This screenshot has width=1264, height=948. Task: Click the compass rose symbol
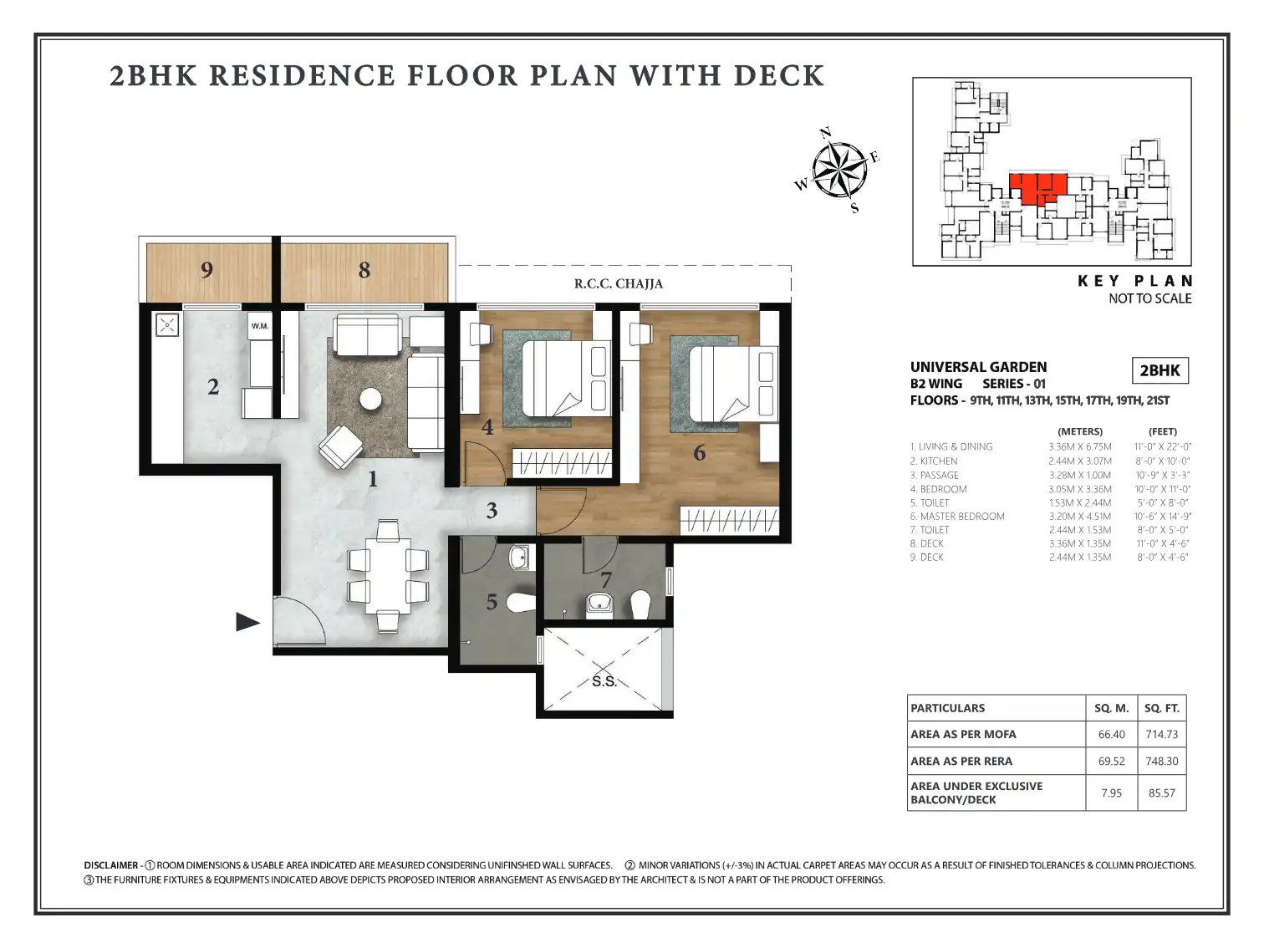coord(838,170)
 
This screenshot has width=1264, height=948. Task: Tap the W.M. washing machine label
coord(260,326)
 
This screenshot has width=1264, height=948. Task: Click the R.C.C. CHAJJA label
coord(618,283)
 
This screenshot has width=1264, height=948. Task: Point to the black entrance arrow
coord(247,622)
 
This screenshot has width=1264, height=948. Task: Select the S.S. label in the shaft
coord(604,681)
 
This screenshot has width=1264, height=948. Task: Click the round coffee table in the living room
coord(370,400)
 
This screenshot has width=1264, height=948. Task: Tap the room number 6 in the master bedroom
coord(699,453)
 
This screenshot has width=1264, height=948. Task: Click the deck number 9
coord(206,269)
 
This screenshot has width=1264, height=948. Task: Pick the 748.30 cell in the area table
coord(1161,761)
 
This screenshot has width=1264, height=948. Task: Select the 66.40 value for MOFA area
coord(1111,735)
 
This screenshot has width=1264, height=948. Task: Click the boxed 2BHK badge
coord(1160,370)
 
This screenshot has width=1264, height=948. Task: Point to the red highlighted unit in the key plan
coord(1037,187)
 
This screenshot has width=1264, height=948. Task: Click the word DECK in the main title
coord(778,76)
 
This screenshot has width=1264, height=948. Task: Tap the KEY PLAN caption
coord(1134,281)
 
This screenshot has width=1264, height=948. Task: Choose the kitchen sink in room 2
coord(167,325)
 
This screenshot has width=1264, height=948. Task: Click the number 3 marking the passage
coord(492,511)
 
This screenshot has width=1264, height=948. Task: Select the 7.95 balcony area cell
coord(1111,793)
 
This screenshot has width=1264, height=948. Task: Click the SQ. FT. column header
coord(1161,708)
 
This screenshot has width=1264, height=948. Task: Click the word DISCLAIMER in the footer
coord(110,865)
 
